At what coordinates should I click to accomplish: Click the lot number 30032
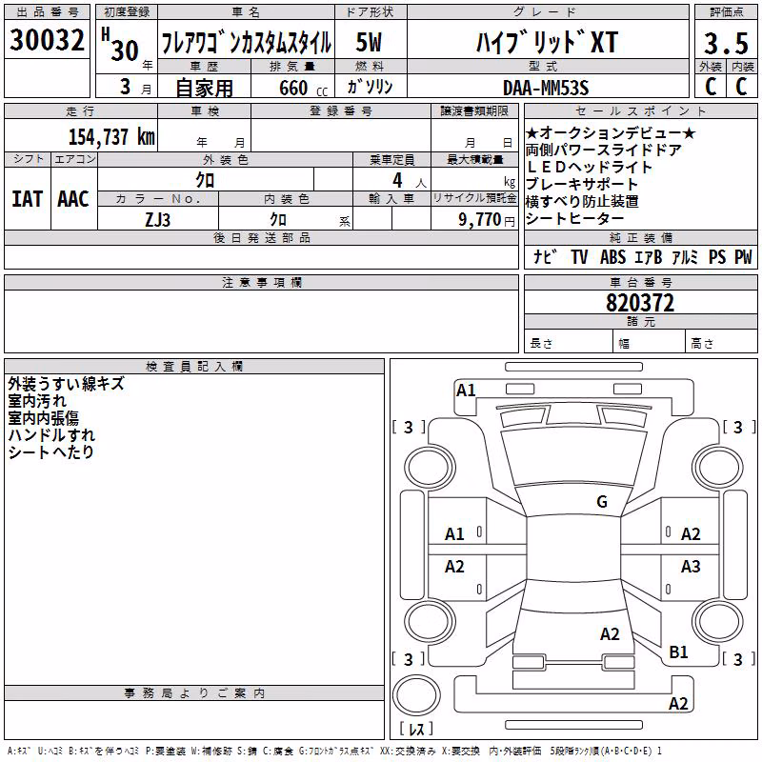[x=47, y=39]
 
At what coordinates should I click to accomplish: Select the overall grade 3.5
[x=726, y=43]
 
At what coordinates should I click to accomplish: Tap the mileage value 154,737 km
[x=111, y=136]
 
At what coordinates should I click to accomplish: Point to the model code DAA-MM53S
[x=546, y=88]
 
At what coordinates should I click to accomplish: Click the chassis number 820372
[x=640, y=303]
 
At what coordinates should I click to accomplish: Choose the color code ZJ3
[x=157, y=220]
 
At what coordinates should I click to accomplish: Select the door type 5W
[x=369, y=42]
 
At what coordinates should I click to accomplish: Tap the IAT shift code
[x=27, y=199]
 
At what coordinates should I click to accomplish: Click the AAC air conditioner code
[x=73, y=199]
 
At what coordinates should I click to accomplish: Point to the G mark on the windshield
[x=602, y=501]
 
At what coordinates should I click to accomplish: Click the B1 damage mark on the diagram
[x=678, y=652]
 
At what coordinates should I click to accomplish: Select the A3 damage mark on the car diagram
[x=691, y=566]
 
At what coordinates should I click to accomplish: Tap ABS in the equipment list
[x=612, y=256]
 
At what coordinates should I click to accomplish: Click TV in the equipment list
[x=579, y=256]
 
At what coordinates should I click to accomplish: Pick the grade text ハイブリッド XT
[x=547, y=42]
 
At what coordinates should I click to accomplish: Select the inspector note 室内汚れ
[x=37, y=401]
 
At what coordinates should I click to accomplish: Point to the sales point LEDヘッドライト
[x=589, y=168]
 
